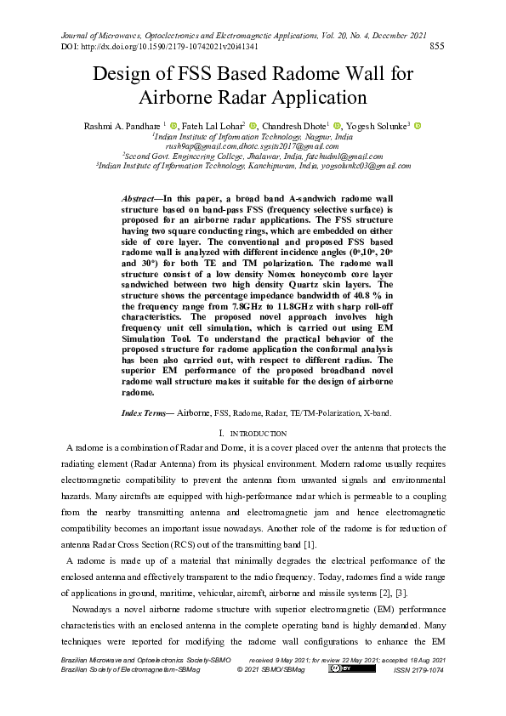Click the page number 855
(x=439, y=46)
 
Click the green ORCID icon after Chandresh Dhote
(x=337, y=126)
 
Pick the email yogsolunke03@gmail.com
(x=361, y=166)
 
